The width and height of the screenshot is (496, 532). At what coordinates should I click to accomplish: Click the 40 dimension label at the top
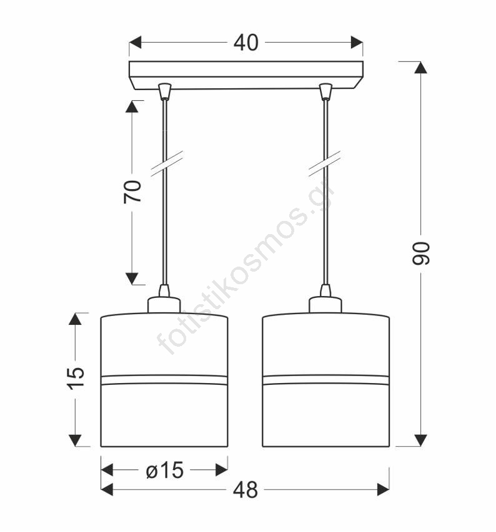246,43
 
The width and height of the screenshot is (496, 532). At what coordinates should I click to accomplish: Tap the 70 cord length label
132,192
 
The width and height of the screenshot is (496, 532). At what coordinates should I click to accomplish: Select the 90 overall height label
421,253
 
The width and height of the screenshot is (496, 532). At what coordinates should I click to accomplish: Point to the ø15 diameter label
165,470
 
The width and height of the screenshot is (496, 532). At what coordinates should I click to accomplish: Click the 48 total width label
246,490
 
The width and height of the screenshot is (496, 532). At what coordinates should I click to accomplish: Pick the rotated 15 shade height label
76,378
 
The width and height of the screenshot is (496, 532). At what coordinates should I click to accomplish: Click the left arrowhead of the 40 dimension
135,43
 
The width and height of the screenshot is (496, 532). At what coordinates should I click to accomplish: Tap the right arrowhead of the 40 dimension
357,43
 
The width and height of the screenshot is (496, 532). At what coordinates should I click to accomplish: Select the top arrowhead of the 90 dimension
420,68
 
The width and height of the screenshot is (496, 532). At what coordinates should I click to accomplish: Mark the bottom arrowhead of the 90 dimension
420,441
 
